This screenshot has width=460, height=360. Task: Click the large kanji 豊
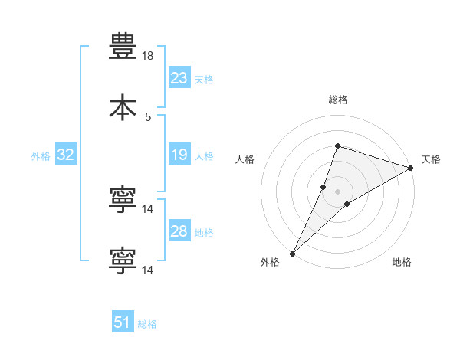click(x=123, y=46)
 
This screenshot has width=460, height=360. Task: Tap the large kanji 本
click(x=123, y=107)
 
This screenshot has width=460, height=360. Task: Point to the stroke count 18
click(x=147, y=56)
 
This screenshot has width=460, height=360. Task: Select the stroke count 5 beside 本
click(x=148, y=117)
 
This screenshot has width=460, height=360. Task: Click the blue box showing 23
click(x=179, y=77)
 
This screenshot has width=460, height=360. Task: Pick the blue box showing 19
click(x=179, y=154)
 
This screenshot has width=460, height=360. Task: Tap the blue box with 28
click(x=179, y=230)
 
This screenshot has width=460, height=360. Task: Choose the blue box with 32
click(x=66, y=154)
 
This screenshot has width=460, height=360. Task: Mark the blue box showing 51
click(x=123, y=321)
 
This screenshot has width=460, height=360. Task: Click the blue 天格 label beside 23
click(x=204, y=80)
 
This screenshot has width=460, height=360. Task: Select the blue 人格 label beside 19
click(x=204, y=156)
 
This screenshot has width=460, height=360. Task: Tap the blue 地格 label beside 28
click(x=204, y=233)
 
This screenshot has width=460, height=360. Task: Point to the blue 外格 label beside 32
click(x=41, y=156)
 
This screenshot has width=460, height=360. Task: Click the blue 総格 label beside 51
click(x=147, y=324)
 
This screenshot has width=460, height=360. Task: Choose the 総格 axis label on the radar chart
click(x=338, y=100)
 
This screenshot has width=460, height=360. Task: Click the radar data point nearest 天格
click(x=410, y=168)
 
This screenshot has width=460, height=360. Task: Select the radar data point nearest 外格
click(x=293, y=254)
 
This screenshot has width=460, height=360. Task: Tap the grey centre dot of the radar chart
click(x=337, y=191)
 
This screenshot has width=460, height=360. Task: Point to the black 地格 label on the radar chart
click(x=402, y=262)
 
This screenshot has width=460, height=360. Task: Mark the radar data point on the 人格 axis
click(x=323, y=187)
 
